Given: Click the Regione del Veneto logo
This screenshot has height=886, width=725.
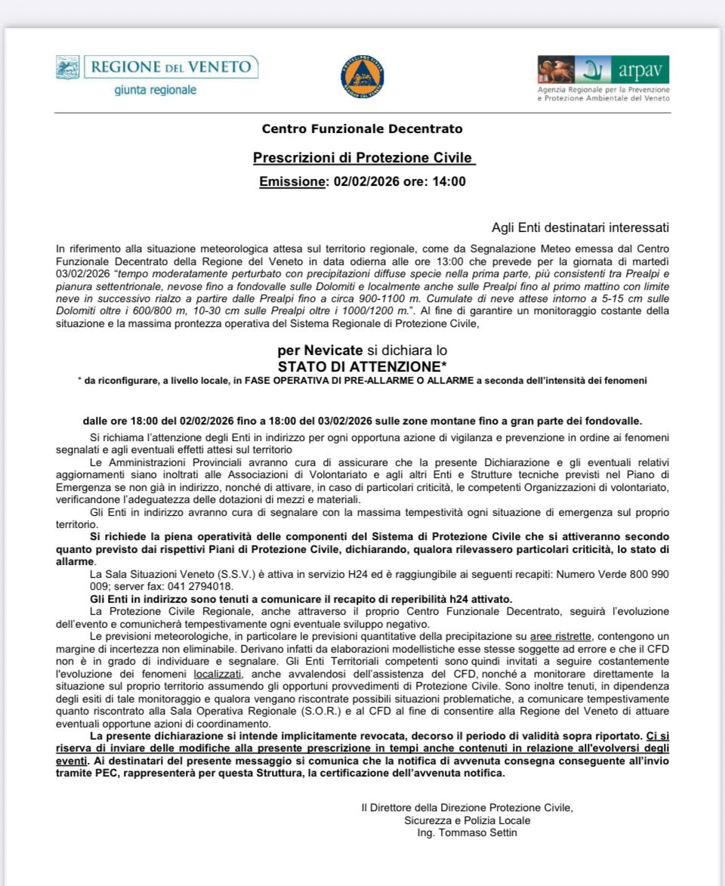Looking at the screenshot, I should tap(156, 67).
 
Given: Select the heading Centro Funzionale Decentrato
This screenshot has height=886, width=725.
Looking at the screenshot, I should tap(362, 129).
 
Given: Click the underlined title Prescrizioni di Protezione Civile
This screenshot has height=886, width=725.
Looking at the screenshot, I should tap(363, 158).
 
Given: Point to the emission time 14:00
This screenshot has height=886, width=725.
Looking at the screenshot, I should tap(449, 181).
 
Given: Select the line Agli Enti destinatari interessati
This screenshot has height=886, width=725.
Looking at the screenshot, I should tap(579, 227).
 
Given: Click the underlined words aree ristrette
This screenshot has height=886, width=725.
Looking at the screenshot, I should tap(560, 637).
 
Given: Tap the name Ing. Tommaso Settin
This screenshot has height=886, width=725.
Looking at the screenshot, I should tap(467, 832).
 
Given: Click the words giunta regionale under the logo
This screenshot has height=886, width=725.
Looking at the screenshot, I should tap(156, 90).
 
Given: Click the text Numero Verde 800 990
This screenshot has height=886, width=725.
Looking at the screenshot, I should tap(612, 574).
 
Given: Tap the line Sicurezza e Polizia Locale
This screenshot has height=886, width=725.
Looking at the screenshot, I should tap(467, 820).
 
